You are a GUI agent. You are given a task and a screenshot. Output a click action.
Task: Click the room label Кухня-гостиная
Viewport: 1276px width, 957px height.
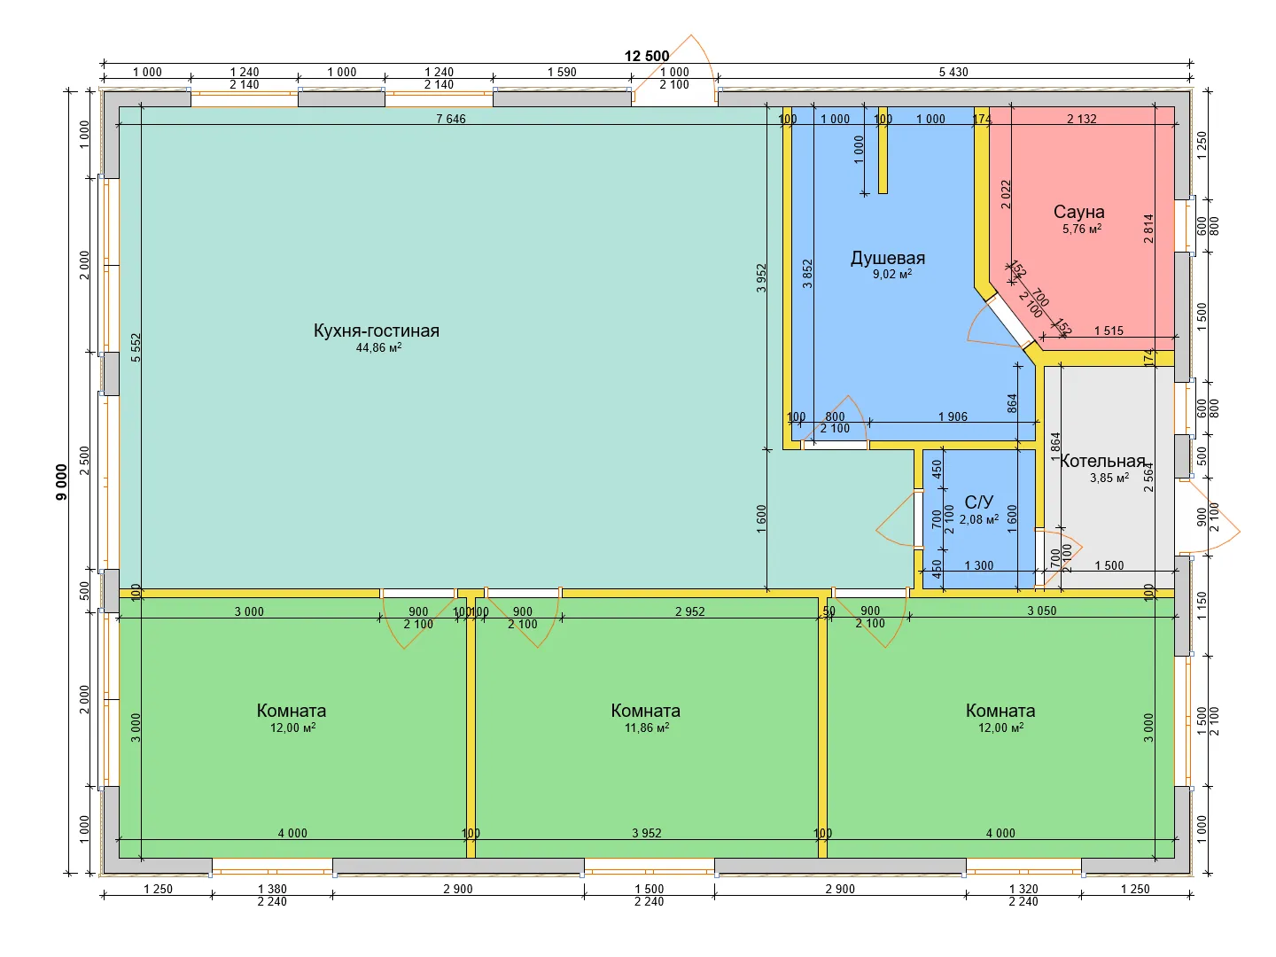click(x=376, y=331)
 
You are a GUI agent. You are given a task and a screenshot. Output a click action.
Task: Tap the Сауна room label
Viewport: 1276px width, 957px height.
click(x=1078, y=212)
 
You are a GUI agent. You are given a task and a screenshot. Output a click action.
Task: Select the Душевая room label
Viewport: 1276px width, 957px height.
click(x=888, y=258)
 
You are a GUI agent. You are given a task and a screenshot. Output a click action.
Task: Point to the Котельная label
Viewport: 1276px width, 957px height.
click(x=1102, y=461)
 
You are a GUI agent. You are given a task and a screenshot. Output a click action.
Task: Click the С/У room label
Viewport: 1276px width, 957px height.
click(x=978, y=502)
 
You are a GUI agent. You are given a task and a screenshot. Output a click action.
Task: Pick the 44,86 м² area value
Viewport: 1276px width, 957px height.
click(x=378, y=347)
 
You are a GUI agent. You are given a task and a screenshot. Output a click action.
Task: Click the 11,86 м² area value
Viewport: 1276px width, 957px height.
click(x=647, y=727)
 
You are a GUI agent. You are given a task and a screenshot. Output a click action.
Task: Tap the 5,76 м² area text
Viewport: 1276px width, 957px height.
click(x=1081, y=229)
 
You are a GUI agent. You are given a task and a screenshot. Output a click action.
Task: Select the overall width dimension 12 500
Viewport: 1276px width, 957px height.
click(x=647, y=56)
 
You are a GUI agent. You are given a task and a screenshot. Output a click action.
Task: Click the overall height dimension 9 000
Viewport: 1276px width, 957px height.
click(x=62, y=482)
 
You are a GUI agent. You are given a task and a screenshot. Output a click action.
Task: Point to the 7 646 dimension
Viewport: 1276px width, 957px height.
click(x=450, y=119)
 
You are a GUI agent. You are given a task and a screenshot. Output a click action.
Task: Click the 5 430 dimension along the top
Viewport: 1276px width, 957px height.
click(x=953, y=72)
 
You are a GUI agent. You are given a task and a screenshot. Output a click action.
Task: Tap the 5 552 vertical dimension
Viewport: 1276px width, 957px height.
click(x=136, y=347)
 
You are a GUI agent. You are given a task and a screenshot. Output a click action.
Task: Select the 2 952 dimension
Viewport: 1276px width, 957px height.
click(x=689, y=611)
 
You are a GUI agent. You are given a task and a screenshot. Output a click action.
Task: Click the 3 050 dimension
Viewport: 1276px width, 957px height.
click(x=1041, y=611)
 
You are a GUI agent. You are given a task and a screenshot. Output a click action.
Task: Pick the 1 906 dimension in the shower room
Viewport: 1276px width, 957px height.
click(x=953, y=416)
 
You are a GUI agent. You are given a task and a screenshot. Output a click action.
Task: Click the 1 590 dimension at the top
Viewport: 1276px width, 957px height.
click(x=562, y=72)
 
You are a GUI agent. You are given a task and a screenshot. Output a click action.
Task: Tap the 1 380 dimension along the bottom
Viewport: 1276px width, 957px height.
click(x=272, y=889)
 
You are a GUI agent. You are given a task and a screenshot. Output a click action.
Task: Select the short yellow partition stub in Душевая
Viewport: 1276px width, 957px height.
click(x=883, y=150)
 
